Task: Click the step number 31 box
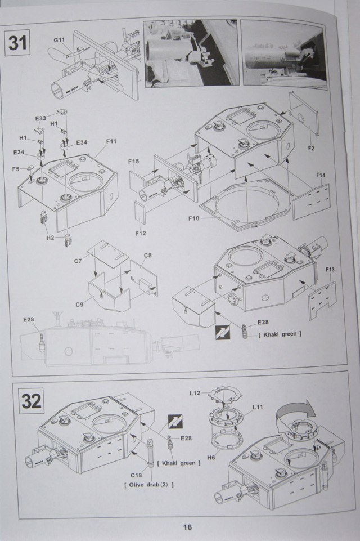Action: click(17, 43)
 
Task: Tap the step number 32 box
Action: click(31, 402)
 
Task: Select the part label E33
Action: click(40, 118)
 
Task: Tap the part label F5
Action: click(16, 168)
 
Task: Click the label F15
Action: click(133, 162)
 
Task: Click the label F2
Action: click(310, 148)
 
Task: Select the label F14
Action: click(321, 175)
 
